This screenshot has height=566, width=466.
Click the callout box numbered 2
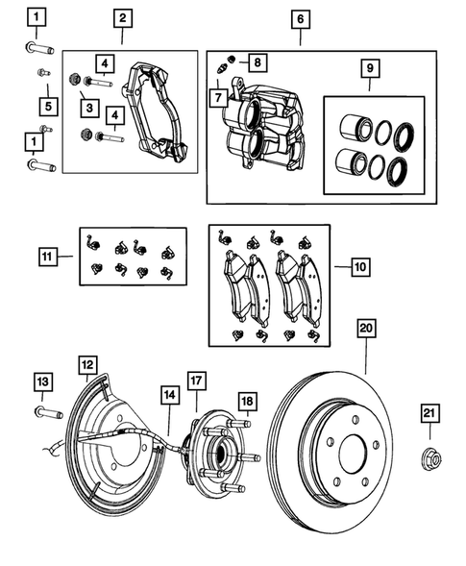click(x=122, y=17)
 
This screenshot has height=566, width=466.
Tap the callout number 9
click(x=368, y=70)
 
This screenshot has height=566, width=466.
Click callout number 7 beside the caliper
click(x=218, y=98)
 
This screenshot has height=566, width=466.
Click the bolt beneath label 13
click(x=47, y=413)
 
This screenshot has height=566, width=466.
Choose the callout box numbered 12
click(x=87, y=364)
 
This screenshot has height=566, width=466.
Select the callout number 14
click(x=169, y=394)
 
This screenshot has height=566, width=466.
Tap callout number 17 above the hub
click(x=195, y=381)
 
